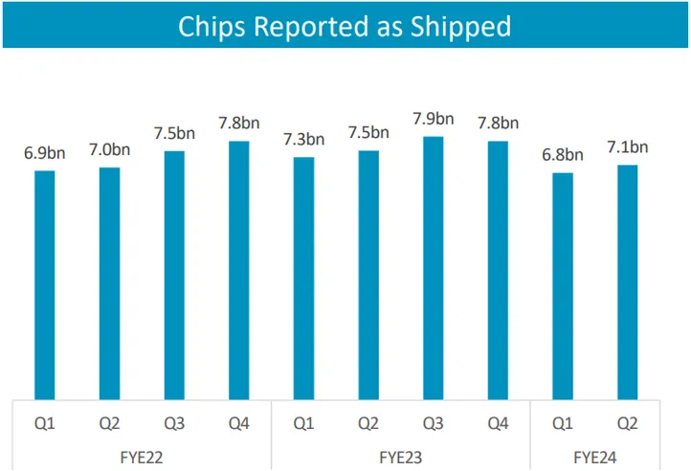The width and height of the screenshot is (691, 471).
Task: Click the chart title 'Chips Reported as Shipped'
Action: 345,26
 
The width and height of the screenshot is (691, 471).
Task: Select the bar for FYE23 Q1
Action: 303,277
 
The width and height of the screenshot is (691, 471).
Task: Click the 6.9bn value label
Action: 44,153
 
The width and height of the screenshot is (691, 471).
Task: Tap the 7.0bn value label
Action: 109,149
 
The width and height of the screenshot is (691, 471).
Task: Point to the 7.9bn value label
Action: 434,119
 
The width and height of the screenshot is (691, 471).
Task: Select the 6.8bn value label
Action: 563,155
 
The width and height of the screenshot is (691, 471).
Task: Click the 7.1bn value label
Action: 628,146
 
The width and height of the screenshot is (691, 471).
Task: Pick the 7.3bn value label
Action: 303,140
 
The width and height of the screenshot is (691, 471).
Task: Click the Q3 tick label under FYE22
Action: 174,421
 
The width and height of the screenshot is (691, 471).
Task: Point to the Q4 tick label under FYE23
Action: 498,421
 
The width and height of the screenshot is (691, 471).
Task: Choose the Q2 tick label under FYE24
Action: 628,421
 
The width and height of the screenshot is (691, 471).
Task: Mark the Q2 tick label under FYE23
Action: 368,421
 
